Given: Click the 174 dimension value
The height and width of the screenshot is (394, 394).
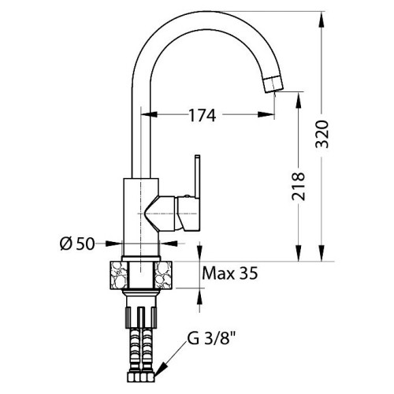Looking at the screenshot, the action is click(203, 115).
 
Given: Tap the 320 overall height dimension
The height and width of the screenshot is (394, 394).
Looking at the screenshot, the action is click(322, 134).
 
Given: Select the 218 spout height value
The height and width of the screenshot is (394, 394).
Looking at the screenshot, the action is click(299, 187).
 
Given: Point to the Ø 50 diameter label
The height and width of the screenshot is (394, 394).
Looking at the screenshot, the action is click(77, 244).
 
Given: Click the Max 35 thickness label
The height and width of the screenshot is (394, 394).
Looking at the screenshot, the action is click(230, 273).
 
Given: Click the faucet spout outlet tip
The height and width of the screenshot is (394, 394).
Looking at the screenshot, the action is click(273, 84).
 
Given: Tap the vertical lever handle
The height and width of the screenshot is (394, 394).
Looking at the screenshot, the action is click(197, 176).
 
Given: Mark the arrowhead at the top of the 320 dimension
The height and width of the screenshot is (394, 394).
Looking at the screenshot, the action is click(322, 19).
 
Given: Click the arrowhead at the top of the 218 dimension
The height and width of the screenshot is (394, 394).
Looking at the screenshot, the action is click(299, 99).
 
